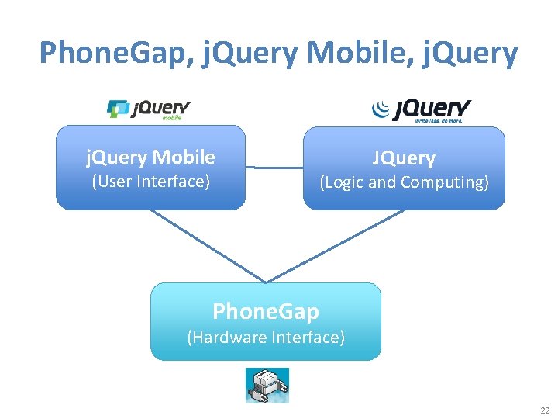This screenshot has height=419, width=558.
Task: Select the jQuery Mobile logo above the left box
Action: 148,109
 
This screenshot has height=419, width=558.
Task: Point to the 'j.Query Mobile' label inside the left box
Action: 150,158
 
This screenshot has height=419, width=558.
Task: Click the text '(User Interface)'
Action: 150,182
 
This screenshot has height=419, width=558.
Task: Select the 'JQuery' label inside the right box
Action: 404,158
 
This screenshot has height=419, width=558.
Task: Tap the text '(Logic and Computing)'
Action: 404,182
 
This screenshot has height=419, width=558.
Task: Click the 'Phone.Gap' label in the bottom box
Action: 266,312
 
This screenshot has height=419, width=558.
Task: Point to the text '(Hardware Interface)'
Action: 266,337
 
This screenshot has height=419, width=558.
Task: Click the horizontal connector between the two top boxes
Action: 274,167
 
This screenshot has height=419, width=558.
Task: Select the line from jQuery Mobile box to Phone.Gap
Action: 208,246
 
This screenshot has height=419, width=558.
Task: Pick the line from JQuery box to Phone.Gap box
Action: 335,246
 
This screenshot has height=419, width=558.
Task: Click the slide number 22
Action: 545,410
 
